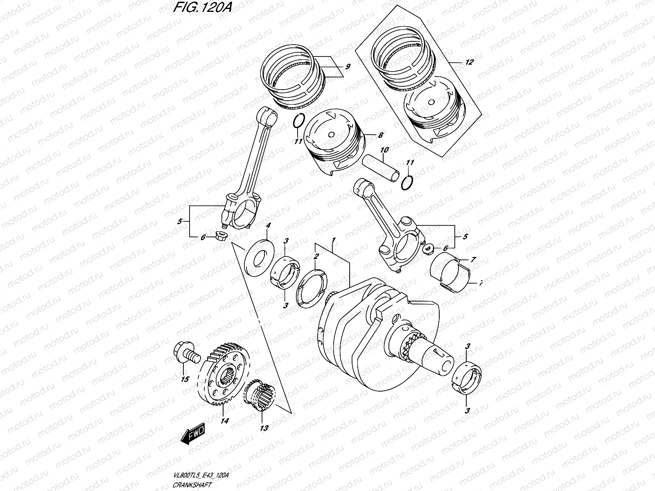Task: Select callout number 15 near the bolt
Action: pos(185,379)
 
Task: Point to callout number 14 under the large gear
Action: pos(224,420)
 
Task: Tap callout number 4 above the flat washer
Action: pos(268,225)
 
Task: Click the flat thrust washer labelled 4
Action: pos(259,258)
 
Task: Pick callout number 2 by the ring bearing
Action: pos(316,257)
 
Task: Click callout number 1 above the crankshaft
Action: pos(334,239)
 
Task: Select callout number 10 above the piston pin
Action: pos(384,150)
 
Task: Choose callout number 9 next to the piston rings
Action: pos(347,66)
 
